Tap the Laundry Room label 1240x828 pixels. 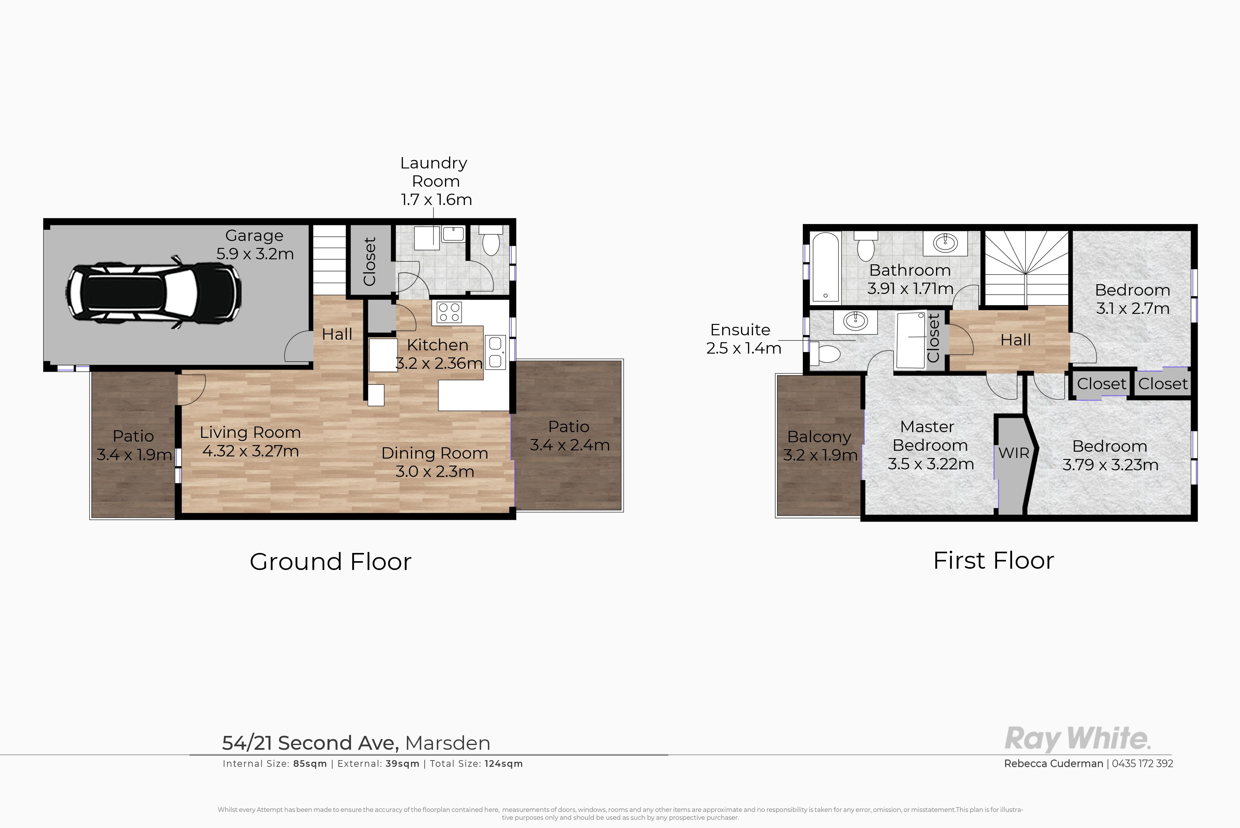coord(434,172)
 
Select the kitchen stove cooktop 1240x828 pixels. coord(449,312)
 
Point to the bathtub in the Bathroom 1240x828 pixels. coord(825,267)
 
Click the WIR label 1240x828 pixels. coord(1014,453)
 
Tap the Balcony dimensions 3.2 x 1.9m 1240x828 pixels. coord(820,455)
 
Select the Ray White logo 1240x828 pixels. coord(1077,738)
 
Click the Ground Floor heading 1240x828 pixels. coord(330,561)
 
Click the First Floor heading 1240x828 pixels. coord(993,560)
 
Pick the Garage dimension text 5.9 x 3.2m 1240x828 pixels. coord(255,254)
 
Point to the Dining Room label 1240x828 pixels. coord(435,453)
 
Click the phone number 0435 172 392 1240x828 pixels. coord(1142,764)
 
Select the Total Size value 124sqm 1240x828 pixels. coord(504,764)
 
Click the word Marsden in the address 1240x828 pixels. coord(447,743)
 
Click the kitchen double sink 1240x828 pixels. coord(495,352)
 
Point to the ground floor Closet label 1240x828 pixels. coord(370,261)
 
